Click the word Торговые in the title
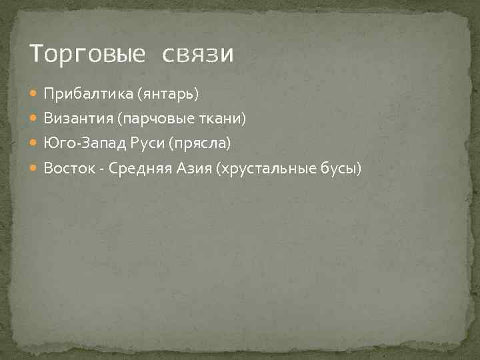point(87,54)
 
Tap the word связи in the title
point(198,54)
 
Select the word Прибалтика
point(88,94)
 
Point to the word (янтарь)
point(168,94)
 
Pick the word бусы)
point(341,169)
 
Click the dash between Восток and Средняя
point(101,169)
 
